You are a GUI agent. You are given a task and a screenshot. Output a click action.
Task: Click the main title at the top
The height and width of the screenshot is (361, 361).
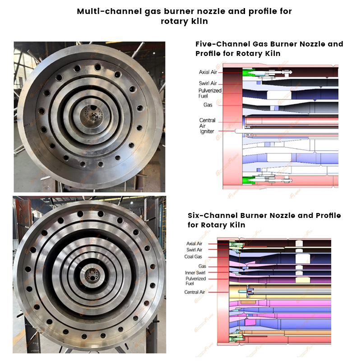(x=184, y=16)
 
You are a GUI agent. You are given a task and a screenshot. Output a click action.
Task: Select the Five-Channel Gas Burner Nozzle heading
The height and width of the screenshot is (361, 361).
(x=269, y=49)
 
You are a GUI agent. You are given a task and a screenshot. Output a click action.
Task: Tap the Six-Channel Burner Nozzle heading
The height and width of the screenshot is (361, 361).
(x=264, y=220)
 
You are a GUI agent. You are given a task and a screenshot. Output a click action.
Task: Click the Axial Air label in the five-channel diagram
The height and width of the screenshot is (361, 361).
(x=208, y=72)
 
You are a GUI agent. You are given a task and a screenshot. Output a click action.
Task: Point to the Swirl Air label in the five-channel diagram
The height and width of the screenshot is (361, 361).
(x=208, y=83)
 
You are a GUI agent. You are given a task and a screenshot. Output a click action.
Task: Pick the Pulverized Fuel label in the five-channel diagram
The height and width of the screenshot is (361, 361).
(x=210, y=93)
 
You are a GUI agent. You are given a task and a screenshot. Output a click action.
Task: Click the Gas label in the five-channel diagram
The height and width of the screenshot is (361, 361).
(x=208, y=105)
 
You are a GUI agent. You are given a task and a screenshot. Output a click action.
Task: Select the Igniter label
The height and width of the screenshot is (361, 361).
(x=207, y=131)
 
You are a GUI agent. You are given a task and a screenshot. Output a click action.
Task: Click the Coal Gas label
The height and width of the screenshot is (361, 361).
(x=193, y=256)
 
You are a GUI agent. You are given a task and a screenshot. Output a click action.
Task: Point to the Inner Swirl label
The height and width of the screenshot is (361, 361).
(x=195, y=273)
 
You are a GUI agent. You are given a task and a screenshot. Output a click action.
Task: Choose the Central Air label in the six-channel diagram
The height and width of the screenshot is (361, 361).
(x=194, y=292)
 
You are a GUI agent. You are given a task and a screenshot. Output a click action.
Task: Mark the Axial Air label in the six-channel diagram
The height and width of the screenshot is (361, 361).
(x=194, y=243)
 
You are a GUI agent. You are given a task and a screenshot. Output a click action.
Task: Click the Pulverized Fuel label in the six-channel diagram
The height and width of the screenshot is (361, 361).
(x=195, y=281)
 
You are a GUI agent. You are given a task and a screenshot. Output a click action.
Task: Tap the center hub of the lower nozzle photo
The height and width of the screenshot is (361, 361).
(x=92, y=275)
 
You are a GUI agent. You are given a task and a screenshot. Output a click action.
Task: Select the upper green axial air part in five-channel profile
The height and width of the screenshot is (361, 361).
(x=249, y=72)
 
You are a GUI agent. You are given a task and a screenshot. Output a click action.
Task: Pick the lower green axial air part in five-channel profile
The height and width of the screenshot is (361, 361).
(x=249, y=180)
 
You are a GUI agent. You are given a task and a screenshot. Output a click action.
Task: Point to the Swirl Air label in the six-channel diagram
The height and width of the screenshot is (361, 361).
(x=194, y=250)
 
